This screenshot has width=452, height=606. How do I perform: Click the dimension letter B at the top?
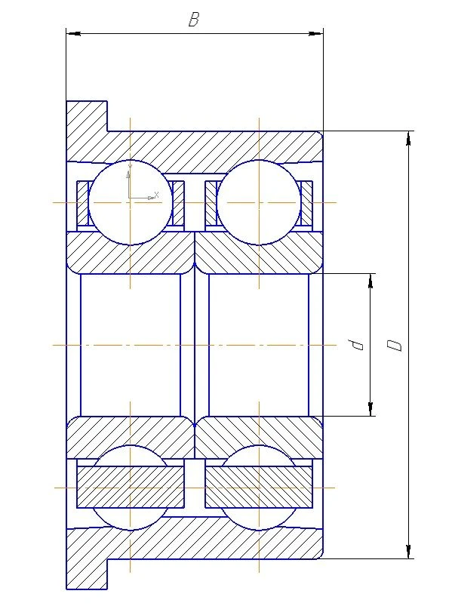pyautogui.click(x=194, y=20)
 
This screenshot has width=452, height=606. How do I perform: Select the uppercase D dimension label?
pyautogui.click(x=394, y=345)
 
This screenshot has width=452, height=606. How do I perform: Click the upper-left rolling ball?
pyautogui.click(x=131, y=202)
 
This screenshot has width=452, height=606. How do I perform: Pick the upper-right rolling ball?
pyautogui.click(x=259, y=202)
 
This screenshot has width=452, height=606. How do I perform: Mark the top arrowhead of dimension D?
pyautogui.click(x=409, y=137)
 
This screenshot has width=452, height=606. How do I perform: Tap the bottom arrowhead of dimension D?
pyautogui.click(x=409, y=552)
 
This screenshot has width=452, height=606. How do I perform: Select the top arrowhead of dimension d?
pyautogui.click(x=371, y=280)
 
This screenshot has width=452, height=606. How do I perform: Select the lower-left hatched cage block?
pyautogui.click(x=131, y=487)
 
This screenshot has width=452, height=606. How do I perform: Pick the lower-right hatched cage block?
pyautogui.click(x=259, y=487)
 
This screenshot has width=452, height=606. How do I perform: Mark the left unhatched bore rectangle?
pyautogui.click(x=131, y=345)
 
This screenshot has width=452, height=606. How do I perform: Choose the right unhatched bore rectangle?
pyautogui.click(x=259, y=345)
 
